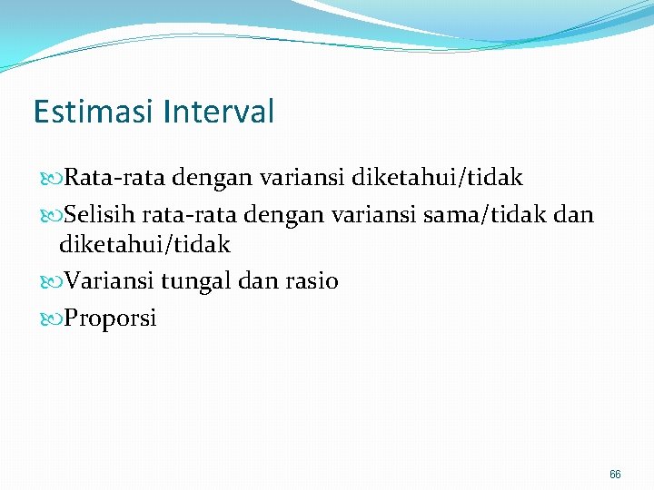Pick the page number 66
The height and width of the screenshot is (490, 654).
point(615,475)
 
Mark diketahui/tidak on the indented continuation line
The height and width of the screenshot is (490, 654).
point(144,244)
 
